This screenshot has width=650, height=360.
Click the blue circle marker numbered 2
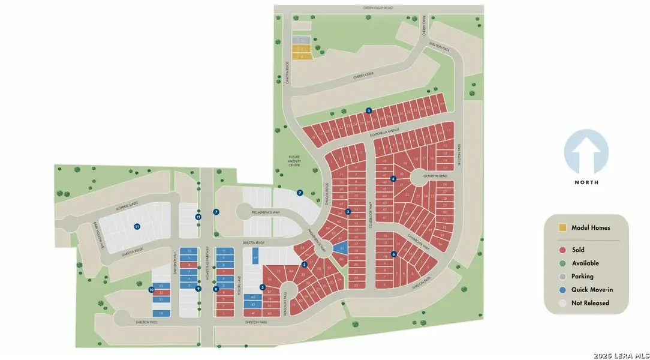(x=369, y=110)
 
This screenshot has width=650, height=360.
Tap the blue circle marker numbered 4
(x=393, y=179)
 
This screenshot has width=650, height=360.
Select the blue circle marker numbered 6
(x=393, y=254)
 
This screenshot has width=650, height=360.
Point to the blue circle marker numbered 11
(x=137, y=226)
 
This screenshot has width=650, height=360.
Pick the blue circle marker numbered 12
(x=198, y=217)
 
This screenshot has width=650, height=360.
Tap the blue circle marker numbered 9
(x=197, y=289)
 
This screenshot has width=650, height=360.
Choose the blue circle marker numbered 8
(x=216, y=289)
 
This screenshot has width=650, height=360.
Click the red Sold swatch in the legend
(x=562, y=250)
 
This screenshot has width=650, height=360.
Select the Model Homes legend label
(x=591, y=228)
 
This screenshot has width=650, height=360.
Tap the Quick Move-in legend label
(x=592, y=290)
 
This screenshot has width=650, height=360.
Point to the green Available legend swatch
(x=562, y=263)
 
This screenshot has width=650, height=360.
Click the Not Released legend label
(x=590, y=303)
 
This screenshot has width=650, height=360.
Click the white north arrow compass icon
(x=586, y=153)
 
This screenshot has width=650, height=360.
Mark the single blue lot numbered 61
(x=342, y=248)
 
